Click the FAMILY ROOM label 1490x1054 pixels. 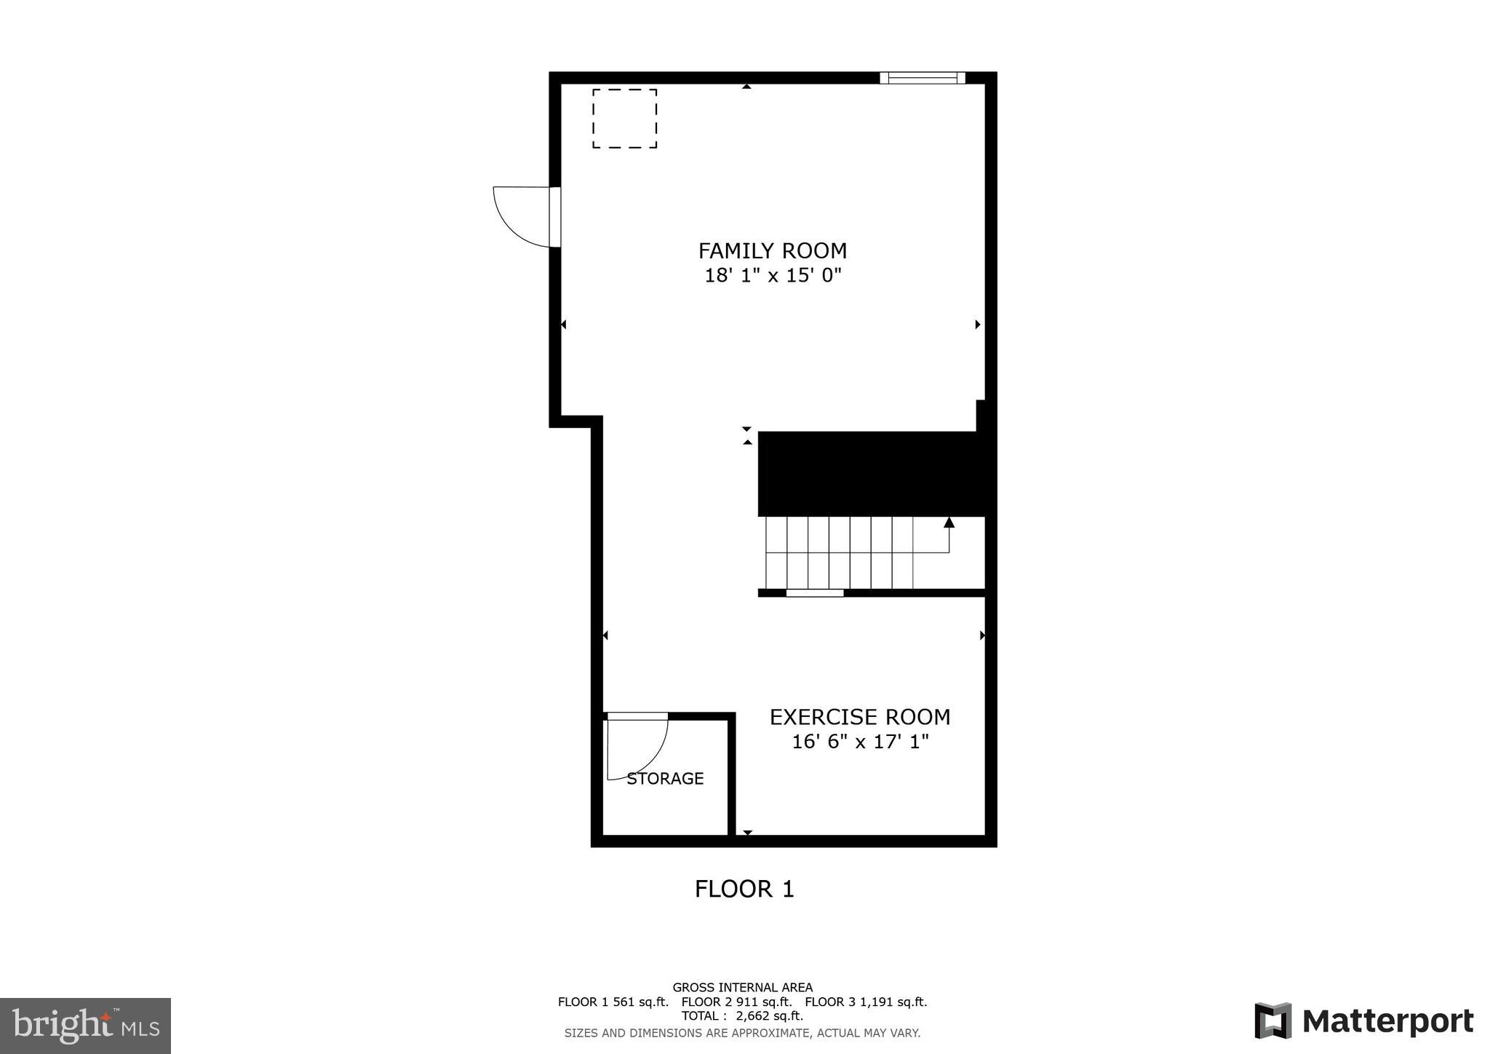point(773,251)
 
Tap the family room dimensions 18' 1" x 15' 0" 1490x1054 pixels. point(773,276)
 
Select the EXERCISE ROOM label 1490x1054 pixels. point(860,718)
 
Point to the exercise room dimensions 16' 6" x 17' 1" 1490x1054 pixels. point(860,742)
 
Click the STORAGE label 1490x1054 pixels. point(665,779)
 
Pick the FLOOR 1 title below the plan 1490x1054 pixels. point(744,889)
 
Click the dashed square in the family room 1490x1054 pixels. point(624,119)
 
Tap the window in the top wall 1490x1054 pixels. point(922,78)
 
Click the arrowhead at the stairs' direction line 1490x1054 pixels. point(949,523)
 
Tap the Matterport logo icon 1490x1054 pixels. point(1272,1021)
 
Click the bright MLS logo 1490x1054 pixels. point(85,1026)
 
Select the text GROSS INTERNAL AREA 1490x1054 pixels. point(742,988)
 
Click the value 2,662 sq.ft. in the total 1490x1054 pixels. point(770,1016)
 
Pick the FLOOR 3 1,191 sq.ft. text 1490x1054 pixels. point(866,1002)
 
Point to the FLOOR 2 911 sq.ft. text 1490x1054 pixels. point(736,1002)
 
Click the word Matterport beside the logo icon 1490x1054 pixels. point(1388,1021)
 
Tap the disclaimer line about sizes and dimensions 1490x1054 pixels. point(742,1033)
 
